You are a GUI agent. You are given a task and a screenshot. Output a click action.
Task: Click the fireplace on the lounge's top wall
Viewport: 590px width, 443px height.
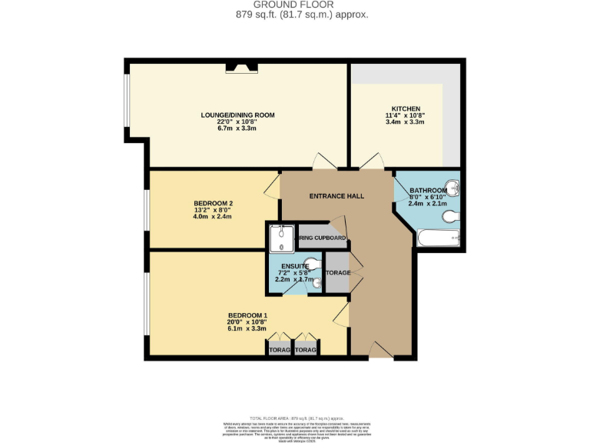click(x=241, y=68)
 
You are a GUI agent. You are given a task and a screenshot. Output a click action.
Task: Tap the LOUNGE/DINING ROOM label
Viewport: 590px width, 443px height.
click(x=237, y=115)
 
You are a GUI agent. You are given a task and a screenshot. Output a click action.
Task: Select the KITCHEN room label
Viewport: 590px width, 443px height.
click(x=404, y=108)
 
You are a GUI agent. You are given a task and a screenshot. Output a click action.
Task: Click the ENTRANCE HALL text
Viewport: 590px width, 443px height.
click(x=336, y=196)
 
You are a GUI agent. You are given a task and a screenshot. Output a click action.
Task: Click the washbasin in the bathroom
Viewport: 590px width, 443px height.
click(x=454, y=185)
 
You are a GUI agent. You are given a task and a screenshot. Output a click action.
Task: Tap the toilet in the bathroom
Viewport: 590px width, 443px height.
click(x=452, y=216)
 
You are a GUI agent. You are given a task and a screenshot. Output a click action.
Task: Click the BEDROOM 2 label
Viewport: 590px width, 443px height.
click(x=213, y=204)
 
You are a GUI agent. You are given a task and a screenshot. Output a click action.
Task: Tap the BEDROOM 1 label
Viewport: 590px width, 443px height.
click(x=247, y=315)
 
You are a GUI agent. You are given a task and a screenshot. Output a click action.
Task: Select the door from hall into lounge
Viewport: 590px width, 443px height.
click(x=323, y=162)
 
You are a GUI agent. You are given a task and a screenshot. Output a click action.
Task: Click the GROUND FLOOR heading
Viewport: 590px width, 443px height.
click(x=295, y=5)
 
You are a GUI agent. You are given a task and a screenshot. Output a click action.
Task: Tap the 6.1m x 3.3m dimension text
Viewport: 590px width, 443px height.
click(x=247, y=329)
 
